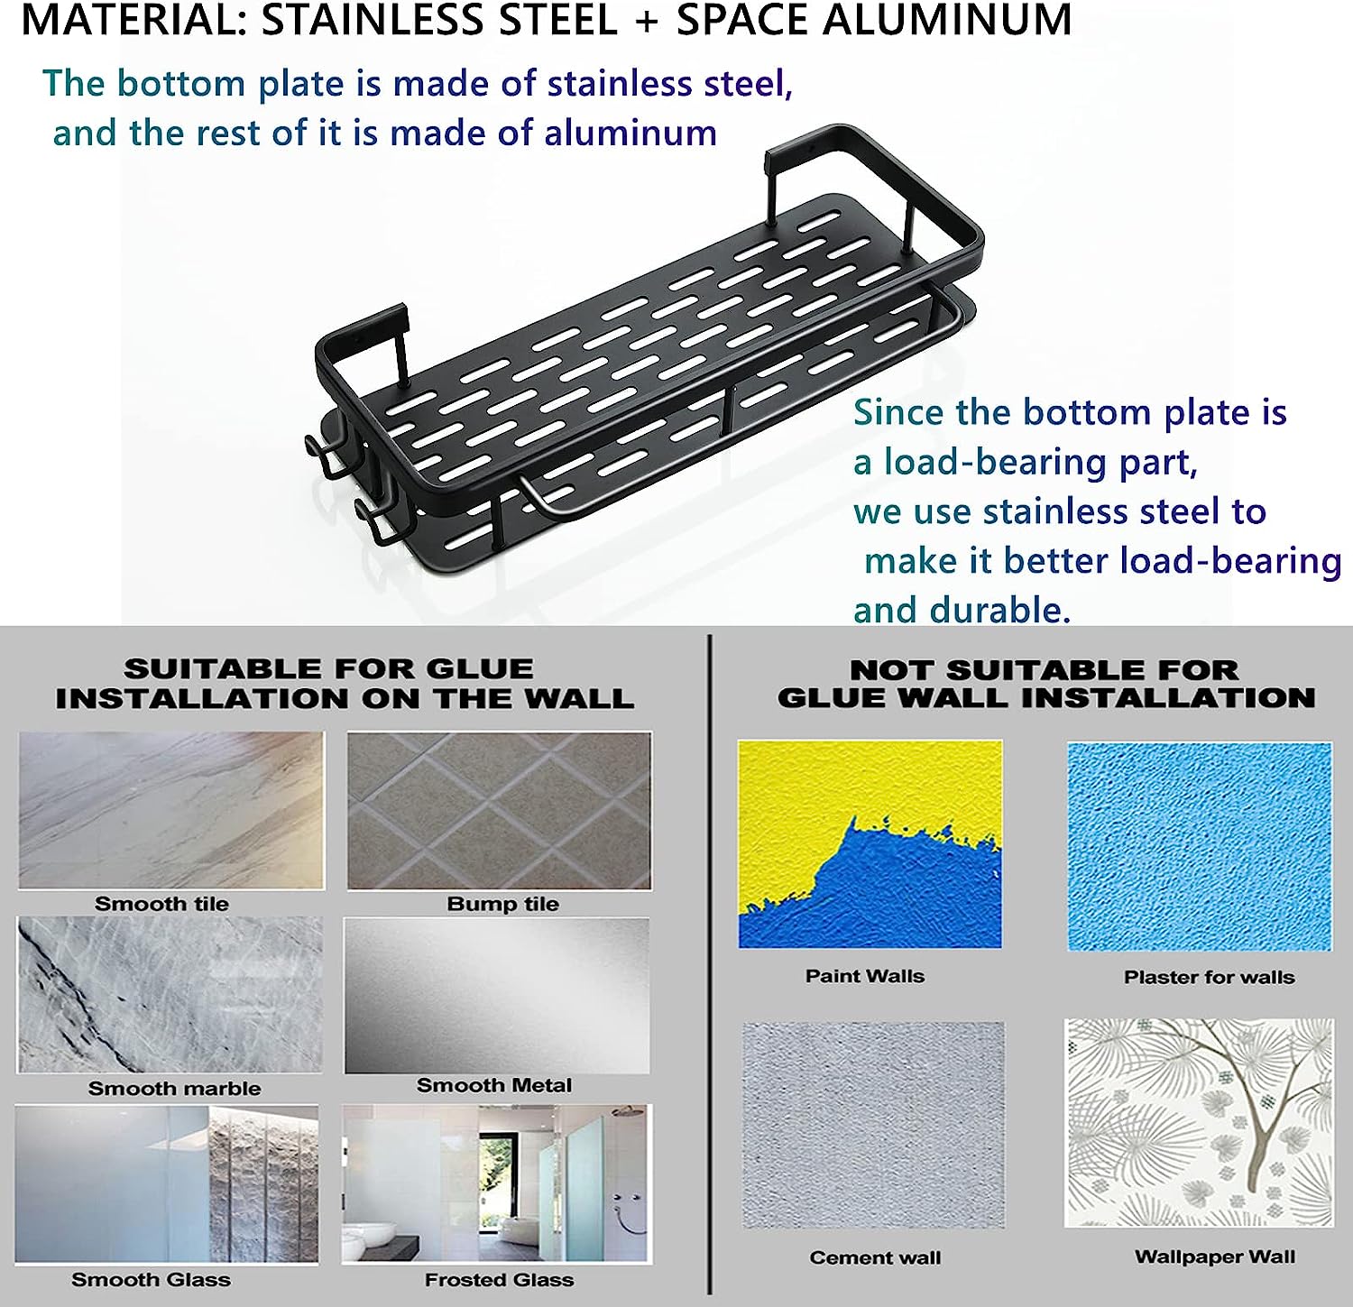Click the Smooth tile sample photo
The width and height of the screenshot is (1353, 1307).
[170, 810]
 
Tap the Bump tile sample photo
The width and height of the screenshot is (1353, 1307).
[499, 810]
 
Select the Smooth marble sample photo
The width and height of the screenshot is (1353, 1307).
[169, 995]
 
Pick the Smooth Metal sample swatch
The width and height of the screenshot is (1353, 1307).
[497, 996]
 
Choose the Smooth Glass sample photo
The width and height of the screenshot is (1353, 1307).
[167, 1183]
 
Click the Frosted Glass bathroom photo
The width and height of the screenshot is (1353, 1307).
[495, 1183]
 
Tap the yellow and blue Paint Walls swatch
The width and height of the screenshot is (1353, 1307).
[870, 844]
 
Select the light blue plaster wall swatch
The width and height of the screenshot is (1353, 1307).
[1200, 846]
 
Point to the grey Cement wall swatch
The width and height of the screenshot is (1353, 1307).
[873, 1125]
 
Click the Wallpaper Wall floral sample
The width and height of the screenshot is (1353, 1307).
[1199, 1123]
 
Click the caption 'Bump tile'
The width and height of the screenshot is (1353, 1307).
[502, 904]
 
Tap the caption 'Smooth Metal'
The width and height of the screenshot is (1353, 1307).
[494, 1085]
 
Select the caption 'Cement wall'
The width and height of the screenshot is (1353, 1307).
[875, 1257]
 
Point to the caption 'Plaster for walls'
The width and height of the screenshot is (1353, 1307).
[1209, 977]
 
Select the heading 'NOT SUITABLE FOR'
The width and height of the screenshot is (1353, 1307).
[1045, 670]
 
